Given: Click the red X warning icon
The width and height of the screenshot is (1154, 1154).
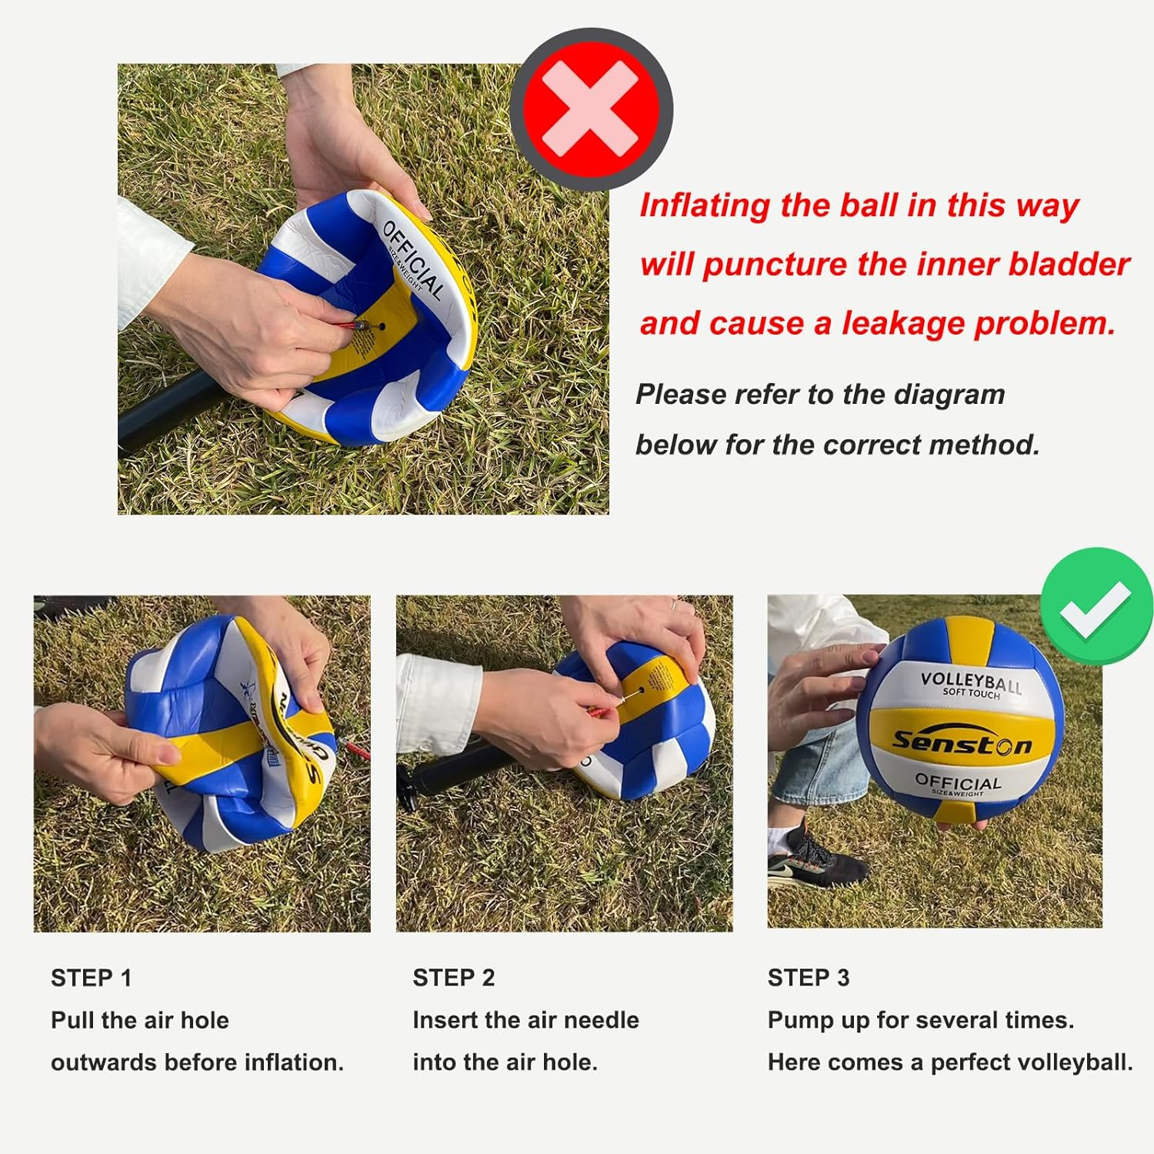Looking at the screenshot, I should click(x=591, y=110).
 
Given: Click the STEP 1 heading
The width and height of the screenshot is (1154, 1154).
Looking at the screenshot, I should click(x=91, y=978).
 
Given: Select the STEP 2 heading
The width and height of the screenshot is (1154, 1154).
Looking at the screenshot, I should click(x=453, y=977).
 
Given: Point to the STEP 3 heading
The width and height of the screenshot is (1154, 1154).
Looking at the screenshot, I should click(x=808, y=977).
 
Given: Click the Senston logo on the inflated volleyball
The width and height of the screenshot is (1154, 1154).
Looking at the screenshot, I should click(x=961, y=742).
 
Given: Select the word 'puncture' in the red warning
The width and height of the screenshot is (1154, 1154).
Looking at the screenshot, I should click(x=774, y=265).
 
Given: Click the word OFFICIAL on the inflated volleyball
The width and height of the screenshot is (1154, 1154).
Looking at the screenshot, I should click(x=958, y=782).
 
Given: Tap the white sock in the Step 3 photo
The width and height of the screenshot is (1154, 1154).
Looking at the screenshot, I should click(x=783, y=834).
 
